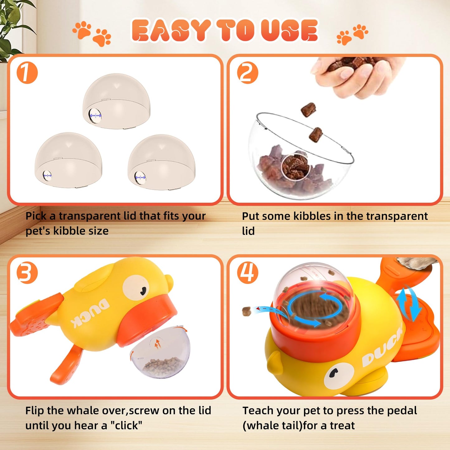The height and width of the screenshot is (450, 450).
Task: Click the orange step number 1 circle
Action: pyautogui.click(x=27, y=73)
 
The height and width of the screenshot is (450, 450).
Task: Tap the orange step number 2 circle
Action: pyautogui.click(x=247, y=73)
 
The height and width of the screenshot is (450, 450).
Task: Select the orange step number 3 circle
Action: pyautogui.click(x=27, y=273)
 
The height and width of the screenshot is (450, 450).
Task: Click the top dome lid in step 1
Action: pyautogui.click(x=116, y=101)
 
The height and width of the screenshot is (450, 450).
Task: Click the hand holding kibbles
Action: pyautogui.click(x=358, y=75)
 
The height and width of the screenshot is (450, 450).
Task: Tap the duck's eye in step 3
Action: pyautogui.click(x=136, y=288)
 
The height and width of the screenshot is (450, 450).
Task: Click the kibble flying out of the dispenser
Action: pyautogui.click(x=247, y=310)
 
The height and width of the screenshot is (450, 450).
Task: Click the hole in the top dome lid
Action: pyautogui.click(x=95, y=116)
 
